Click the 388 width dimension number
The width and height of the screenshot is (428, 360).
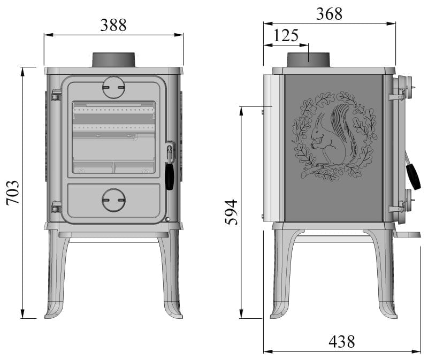[x=113, y=25]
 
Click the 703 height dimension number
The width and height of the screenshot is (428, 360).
[x=13, y=193]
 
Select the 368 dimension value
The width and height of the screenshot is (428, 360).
[x=329, y=14]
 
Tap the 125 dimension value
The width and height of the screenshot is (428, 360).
[x=286, y=36]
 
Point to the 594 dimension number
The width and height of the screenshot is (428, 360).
[x=231, y=212]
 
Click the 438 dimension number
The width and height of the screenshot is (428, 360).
[x=342, y=341]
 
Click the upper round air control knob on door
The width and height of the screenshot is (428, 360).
[x=113, y=87]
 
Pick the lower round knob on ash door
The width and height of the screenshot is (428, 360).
[x=113, y=200]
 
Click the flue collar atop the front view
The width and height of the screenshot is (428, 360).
[x=113, y=59]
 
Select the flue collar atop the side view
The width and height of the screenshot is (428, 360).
[x=309, y=59]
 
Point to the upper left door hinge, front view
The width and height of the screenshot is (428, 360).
[x=55, y=96]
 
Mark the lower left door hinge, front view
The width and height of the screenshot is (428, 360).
[x=55, y=206]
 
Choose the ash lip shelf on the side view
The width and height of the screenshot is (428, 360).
[x=408, y=234]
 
